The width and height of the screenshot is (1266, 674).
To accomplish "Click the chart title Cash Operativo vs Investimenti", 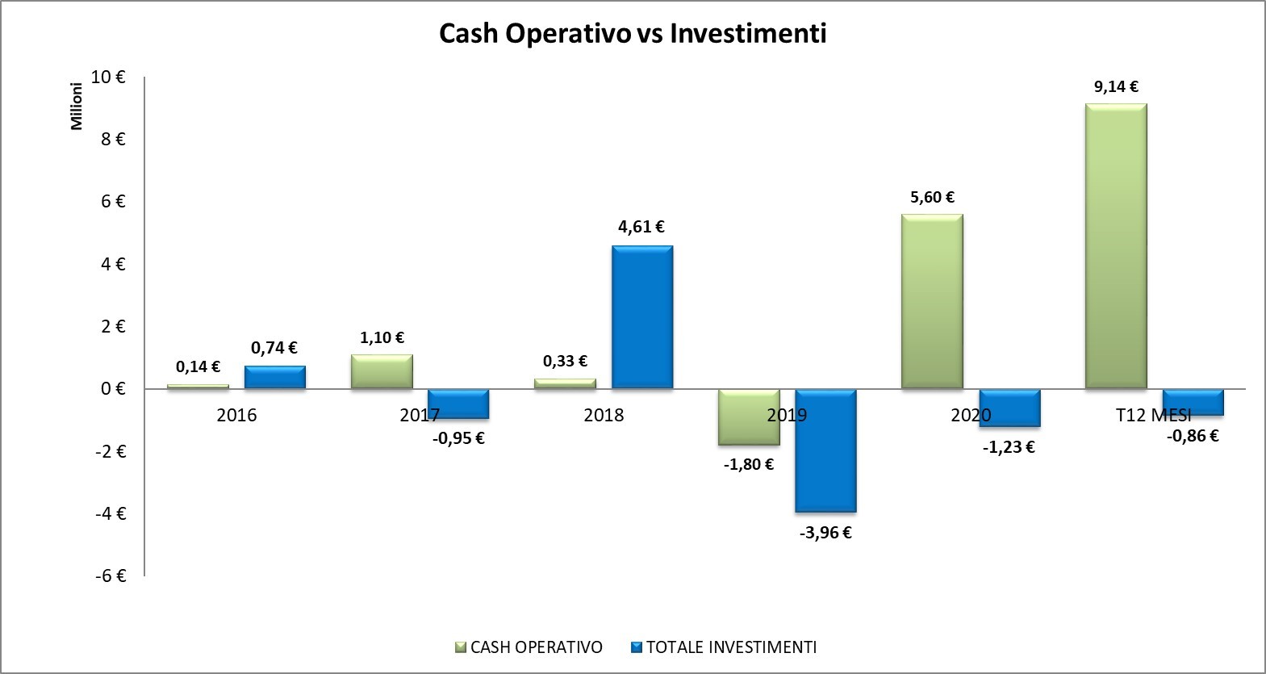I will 633,34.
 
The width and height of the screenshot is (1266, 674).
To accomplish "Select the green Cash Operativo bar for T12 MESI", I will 1116,246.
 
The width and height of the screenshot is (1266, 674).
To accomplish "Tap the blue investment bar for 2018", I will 642,317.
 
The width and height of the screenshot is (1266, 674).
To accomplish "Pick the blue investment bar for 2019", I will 825,450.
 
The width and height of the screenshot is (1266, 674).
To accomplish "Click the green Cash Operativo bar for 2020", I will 932,301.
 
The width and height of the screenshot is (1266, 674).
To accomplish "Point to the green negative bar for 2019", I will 749,417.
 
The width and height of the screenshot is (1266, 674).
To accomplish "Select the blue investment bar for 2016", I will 275,377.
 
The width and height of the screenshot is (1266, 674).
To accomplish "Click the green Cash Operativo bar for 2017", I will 382,371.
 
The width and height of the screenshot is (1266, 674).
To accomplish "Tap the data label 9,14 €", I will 1116,86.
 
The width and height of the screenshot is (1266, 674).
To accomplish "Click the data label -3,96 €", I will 825,533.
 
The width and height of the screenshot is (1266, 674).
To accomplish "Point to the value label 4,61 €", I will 641,227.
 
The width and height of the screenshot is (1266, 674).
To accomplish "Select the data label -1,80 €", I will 749,464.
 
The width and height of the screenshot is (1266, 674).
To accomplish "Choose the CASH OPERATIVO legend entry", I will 529,647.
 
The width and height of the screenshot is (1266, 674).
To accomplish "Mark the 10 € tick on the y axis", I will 108,77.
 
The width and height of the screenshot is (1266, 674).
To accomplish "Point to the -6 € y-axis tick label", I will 111,576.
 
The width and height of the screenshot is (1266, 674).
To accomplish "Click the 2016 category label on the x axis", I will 236,415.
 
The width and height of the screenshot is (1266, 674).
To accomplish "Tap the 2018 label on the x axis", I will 604,415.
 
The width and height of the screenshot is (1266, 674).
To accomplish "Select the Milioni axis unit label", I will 77,106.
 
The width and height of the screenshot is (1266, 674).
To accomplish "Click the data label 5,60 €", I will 932,197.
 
